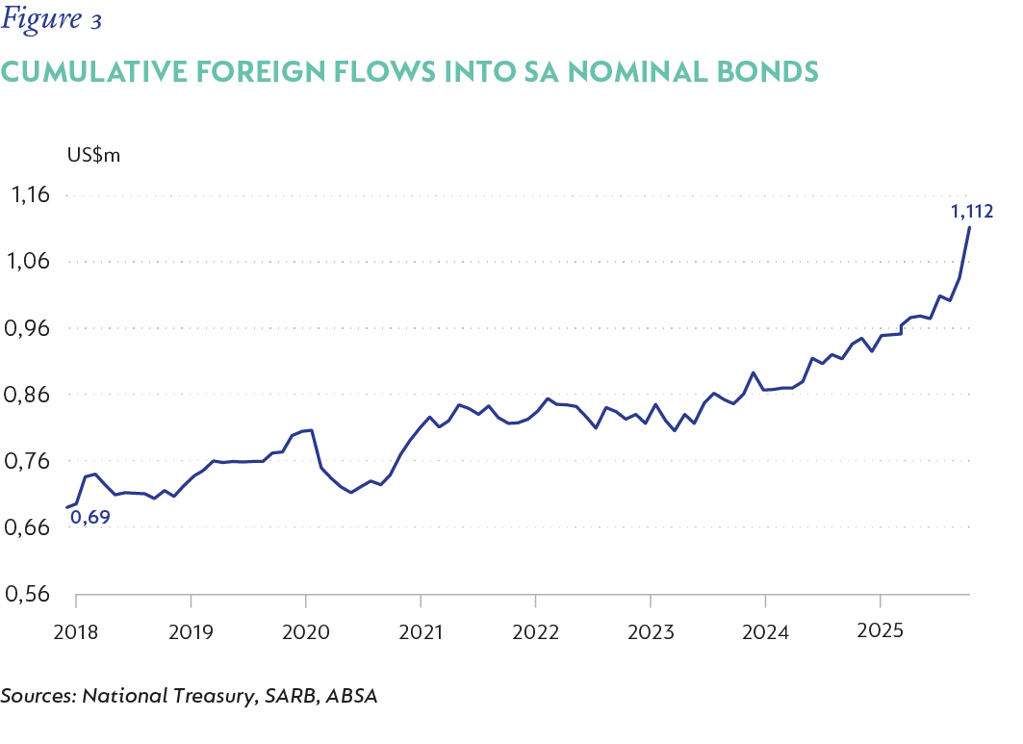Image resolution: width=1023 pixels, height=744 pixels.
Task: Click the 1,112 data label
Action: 972,211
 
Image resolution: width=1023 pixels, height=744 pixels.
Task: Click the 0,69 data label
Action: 89,518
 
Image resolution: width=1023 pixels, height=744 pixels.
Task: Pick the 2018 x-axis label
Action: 76,631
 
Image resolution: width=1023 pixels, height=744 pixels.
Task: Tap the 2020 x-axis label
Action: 306,631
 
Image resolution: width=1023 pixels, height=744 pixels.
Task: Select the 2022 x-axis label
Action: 536,631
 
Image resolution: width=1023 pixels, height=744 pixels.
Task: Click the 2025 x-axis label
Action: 881,631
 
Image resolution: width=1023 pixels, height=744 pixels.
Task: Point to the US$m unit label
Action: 93,155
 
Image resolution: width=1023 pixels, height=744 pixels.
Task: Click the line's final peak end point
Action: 969,227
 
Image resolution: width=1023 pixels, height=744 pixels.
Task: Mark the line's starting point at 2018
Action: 67,507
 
